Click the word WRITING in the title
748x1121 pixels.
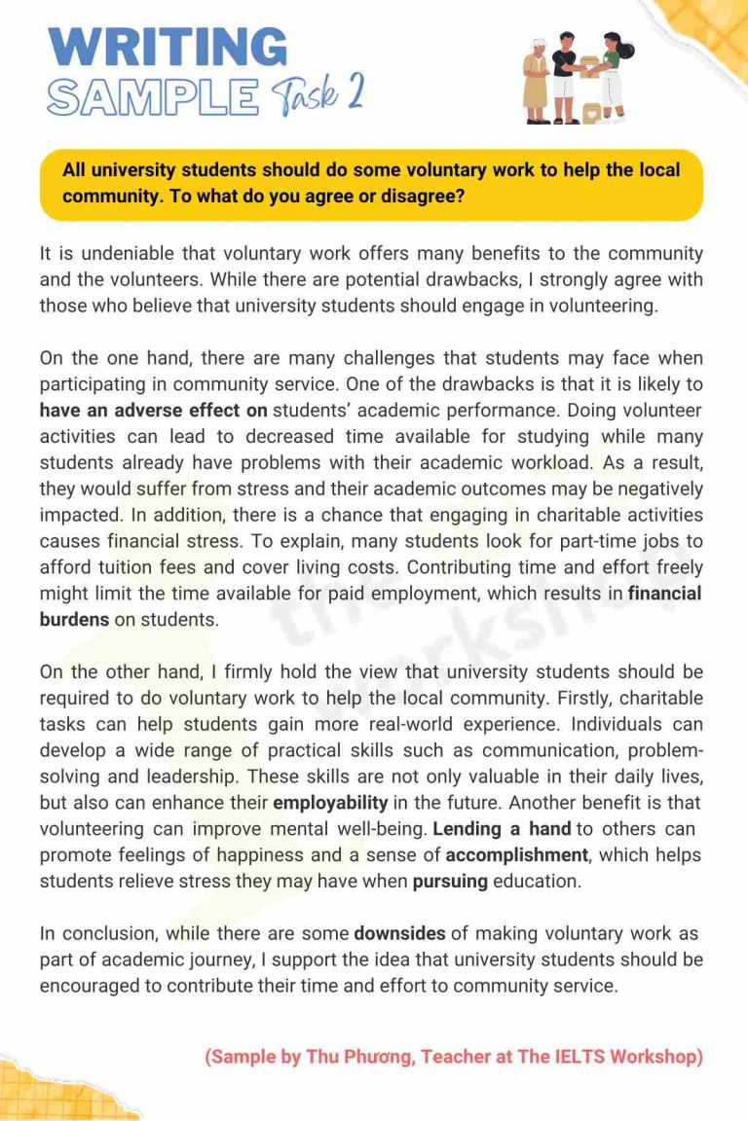(168, 46)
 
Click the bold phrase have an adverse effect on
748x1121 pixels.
(153, 410)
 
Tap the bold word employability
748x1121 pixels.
(330, 803)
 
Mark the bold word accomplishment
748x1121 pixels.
(517, 855)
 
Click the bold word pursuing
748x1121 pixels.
(449, 882)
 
